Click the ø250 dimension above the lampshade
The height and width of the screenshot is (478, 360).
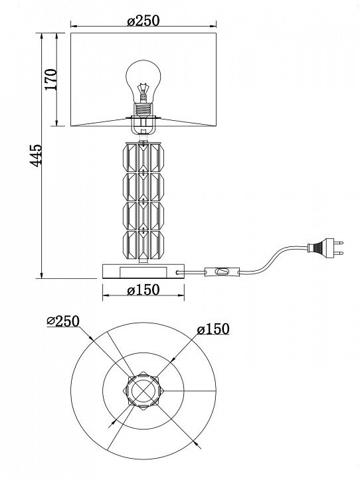(143, 21)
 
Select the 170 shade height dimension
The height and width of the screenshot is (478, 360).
(51, 80)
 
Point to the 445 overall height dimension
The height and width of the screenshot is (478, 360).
(37, 155)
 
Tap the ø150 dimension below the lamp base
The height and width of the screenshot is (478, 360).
(143, 290)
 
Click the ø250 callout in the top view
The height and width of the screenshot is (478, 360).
(63, 321)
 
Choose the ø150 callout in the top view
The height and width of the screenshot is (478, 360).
(213, 329)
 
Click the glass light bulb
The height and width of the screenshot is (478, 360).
(143, 82)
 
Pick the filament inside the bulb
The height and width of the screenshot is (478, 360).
(143, 92)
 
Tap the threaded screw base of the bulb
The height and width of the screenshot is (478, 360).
(143, 109)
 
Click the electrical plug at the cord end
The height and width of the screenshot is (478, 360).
(325, 248)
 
